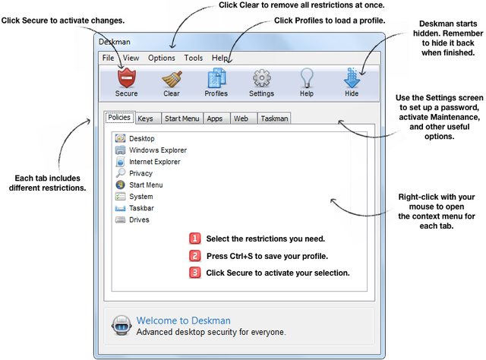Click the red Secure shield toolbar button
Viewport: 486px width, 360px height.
[126, 81]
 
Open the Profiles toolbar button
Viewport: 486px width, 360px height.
[216, 81]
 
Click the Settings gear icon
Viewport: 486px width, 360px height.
[261, 81]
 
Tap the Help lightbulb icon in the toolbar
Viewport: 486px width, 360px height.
[306, 81]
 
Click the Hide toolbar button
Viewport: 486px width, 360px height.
[352, 81]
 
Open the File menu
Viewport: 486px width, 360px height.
[108, 58]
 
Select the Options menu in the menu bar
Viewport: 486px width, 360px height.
[161, 58]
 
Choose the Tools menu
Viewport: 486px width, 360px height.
[193, 58]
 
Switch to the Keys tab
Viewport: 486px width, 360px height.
[146, 118]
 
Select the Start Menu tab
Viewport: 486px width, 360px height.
[181, 118]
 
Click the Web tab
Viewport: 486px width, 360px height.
[241, 118]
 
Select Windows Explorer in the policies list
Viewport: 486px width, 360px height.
[157, 150]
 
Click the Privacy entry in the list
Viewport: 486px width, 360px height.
[140, 173]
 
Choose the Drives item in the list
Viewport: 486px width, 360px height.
[140, 219]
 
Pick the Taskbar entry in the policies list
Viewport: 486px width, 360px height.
[142, 208]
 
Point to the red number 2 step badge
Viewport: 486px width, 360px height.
[195, 256]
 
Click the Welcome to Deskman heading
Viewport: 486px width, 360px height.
[183, 321]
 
